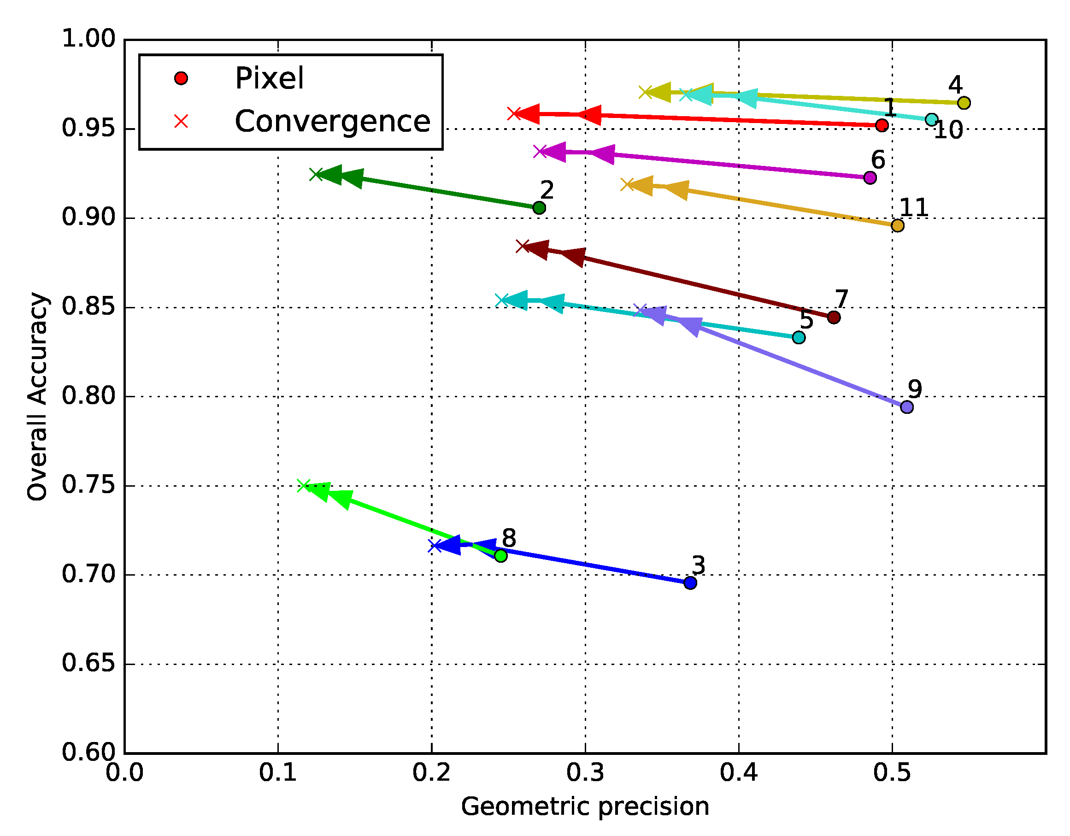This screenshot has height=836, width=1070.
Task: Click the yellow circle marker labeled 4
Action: (x=964, y=103)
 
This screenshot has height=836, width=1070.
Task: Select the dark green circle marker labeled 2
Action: (x=539, y=208)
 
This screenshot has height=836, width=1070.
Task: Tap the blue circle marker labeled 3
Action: (x=690, y=583)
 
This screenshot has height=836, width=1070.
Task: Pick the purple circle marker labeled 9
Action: (x=907, y=407)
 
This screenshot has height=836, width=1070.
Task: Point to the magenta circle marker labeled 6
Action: (x=870, y=177)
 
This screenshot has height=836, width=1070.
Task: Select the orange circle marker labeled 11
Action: (x=898, y=225)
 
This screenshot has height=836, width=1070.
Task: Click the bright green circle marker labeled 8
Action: (x=500, y=556)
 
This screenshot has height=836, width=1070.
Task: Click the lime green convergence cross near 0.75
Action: (x=304, y=486)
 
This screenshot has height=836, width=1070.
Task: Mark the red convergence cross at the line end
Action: (x=514, y=114)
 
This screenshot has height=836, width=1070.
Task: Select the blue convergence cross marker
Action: (x=435, y=546)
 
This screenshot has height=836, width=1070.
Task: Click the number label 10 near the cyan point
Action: (x=948, y=130)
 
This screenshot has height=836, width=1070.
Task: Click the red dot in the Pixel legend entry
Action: (x=181, y=78)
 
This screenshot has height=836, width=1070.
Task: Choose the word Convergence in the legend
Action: (x=332, y=121)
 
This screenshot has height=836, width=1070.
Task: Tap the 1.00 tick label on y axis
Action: (x=88, y=39)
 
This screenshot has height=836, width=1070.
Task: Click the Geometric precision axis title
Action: (x=585, y=806)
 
